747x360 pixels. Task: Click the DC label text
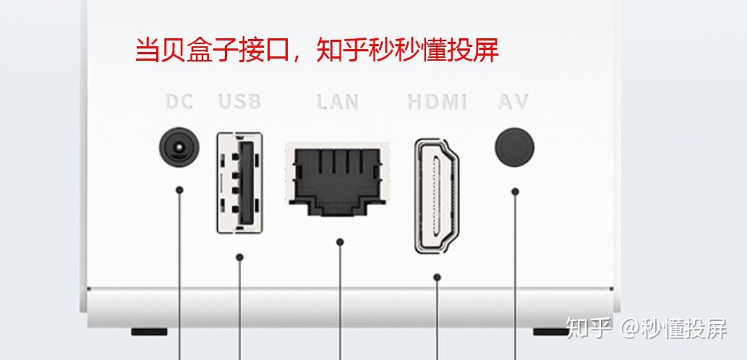[179, 101]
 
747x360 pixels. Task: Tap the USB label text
[240, 101]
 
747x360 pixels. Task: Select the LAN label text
[338, 101]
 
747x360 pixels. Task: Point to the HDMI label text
[437, 101]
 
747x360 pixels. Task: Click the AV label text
[513, 101]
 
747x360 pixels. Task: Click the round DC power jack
[179, 148]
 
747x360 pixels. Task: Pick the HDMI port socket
[437, 195]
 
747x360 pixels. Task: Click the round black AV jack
[514, 147]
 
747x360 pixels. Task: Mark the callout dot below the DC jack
[179, 190]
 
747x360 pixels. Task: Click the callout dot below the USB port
[240, 257]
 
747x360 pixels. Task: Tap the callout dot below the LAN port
[340, 242]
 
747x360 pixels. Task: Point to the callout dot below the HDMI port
[437, 277]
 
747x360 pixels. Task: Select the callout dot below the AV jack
[515, 192]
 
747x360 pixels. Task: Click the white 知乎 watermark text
[589, 328]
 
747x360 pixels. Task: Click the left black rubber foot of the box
[149, 333]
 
